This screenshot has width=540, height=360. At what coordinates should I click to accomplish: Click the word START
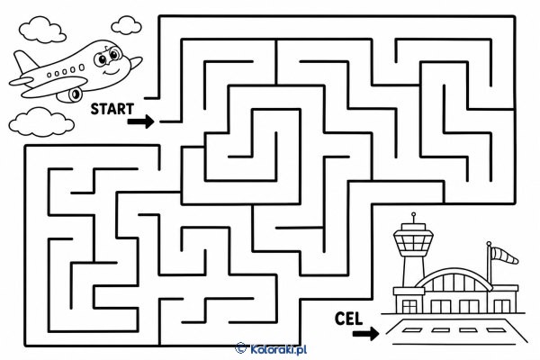tap(112, 109)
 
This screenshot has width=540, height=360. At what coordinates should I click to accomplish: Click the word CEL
tap(348, 319)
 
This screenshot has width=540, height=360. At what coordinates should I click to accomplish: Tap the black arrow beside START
tap(141, 121)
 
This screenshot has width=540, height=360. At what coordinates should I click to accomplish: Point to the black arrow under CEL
tap(365, 334)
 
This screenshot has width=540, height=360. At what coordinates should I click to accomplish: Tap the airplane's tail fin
tap(25, 62)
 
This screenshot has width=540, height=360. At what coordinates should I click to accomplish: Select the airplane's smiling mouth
tap(112, 72)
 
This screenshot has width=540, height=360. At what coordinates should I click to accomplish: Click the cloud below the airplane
tap(41, 121)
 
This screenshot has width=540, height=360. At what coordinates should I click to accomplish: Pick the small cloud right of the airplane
tap(126, 25)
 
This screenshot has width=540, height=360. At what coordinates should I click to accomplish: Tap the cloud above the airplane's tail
tap(42, 30)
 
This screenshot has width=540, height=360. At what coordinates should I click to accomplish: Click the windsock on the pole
tap(505, 256)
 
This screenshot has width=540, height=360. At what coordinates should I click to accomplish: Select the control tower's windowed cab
tap(413, 240)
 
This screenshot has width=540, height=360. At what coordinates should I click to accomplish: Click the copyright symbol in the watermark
tap(240, 348)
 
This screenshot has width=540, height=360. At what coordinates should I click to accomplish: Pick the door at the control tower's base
tap(409, 306)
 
